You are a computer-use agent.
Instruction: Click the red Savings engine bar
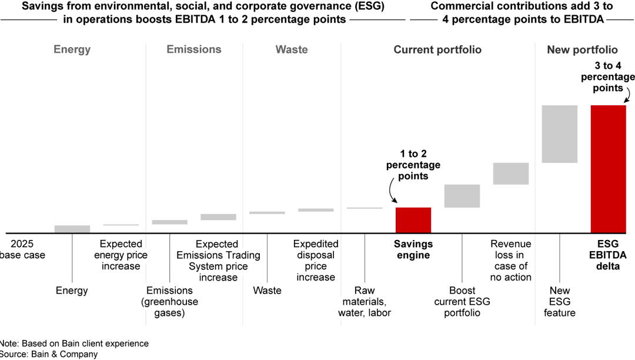click(413, 220)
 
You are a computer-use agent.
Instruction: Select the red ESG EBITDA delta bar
click(608, 169)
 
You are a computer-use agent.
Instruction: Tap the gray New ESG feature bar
click(559, 134)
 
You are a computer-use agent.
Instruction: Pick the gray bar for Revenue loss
click(510, 174)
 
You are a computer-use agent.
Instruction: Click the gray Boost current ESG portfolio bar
click(462, 196)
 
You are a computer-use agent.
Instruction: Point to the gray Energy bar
click(72, 229)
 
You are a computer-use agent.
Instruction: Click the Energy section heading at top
click(72, 49)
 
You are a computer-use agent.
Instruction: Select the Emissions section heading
click(194, 49)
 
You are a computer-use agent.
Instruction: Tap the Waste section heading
click(292, 49)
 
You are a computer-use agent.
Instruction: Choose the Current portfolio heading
click(437, 49)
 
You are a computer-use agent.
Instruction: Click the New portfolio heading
click(582, 49)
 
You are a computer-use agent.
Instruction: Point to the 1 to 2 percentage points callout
click(413, 165)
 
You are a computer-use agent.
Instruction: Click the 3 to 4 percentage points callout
click(608, 77)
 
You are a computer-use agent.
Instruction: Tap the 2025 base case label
click(22, 249)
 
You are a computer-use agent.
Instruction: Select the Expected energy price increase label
click(121, 255)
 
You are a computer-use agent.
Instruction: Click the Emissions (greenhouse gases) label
click(169, 302)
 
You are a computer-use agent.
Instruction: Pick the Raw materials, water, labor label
click(365, 302)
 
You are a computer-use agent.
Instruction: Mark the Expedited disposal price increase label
click(316, 261)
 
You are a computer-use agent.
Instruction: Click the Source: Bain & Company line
click(49, 354)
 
